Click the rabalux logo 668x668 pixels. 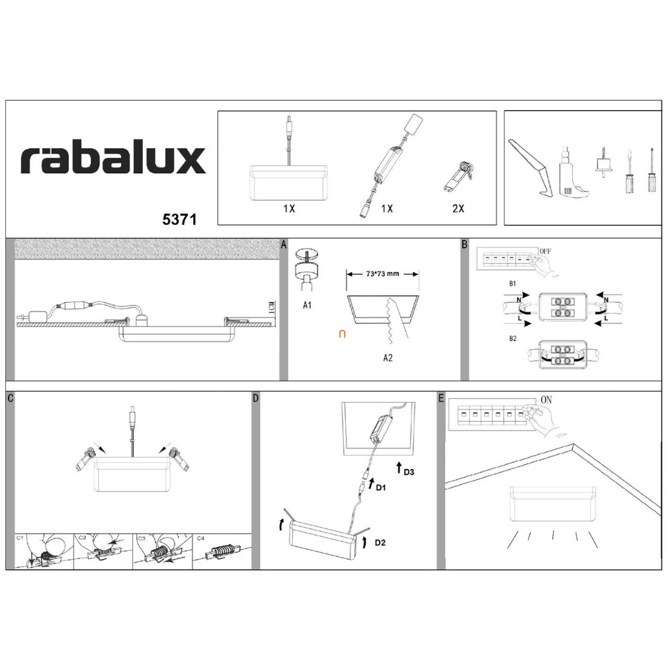tap(113, 160)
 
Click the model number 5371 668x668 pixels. tap(179, 220)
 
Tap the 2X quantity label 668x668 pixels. tap(458, 208)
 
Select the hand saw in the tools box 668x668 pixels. tap(530, 169)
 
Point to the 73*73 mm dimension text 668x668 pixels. tap(382, 274)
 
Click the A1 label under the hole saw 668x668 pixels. tap(307, 305)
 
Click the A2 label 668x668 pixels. tap(388, 358)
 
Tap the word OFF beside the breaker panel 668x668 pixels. tap(545, 251)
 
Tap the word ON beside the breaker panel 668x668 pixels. tap(546, 400)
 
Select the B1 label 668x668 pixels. tap(513, 284)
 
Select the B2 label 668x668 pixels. tap(513, 339)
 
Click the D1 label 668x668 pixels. tap(381, 487)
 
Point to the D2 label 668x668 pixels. tap(380, 543)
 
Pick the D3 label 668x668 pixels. tap(409, 472)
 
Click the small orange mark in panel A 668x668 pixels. tap(342, 335)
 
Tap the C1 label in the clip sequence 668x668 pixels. tap(20, 538)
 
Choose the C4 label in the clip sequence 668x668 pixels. tap(200, 538)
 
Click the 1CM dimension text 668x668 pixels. tap(272, 308)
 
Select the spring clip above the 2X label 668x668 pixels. tap(459, 175)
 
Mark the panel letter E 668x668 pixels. tap(441, 398)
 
